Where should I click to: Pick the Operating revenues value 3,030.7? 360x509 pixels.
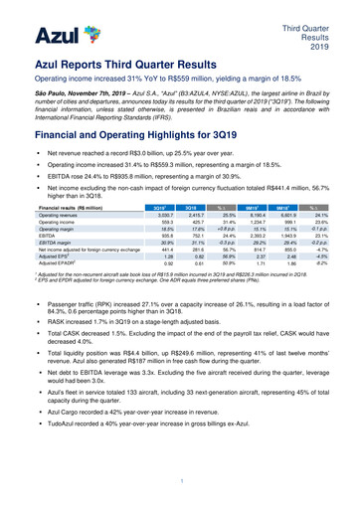[155, 187]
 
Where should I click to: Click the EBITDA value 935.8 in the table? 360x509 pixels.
[156, 211]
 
